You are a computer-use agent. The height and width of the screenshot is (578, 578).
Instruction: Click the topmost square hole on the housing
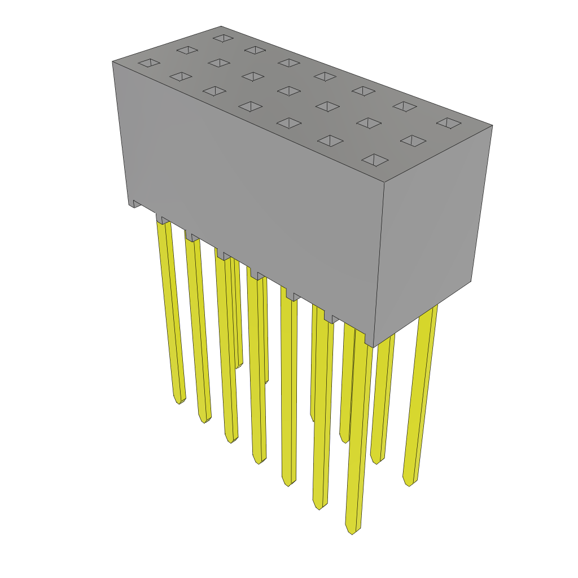[223, 38]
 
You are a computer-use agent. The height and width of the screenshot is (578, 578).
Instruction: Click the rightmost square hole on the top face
[449, 122]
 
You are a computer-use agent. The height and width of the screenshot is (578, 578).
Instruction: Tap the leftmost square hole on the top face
[149, 62]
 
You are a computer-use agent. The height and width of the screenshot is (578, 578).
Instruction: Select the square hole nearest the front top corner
[375, 160]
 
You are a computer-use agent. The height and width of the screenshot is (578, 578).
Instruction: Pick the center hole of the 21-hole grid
[289, 91]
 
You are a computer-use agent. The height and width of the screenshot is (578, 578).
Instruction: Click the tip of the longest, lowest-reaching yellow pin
[351, 531]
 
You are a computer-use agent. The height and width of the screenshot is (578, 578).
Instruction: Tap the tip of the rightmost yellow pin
[409, 483]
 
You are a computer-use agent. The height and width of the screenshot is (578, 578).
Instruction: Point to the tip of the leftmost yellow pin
[179, 401]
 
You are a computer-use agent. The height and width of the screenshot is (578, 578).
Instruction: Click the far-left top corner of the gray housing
[113, 62]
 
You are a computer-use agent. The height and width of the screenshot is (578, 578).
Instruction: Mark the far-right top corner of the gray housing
[492, 125]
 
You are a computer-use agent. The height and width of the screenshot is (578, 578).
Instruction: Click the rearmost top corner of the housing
[221, 27]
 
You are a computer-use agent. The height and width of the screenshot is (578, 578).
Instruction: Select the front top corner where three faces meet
[384, 182]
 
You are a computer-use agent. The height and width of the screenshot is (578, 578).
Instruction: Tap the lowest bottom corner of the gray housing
[373, 347]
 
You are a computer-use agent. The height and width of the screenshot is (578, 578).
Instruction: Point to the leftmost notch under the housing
[136, 204]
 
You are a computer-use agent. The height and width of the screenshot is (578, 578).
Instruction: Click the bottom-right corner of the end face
[471, 281]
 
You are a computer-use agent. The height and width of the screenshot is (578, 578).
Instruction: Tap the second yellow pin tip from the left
[204, 420]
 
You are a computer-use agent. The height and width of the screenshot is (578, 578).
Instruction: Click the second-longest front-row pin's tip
[319, 506]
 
